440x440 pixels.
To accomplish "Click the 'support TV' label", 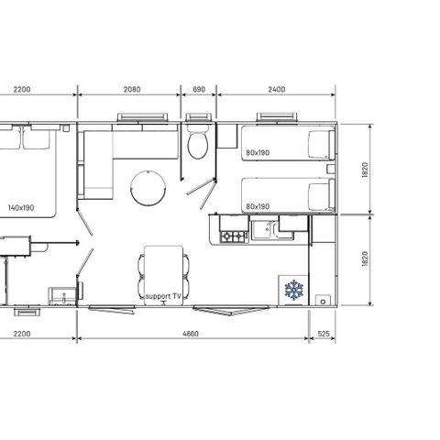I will [x=163, y=298].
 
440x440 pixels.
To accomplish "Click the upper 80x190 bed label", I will [x=258, y=153].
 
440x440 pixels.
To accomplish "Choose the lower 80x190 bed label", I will [x=258, y=207].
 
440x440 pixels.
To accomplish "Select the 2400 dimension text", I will [x=276, y=89].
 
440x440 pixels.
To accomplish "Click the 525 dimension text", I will [x=323, y=335].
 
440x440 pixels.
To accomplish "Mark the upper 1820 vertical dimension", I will [x=365, y=170].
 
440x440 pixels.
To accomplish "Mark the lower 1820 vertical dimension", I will [x=365, y=259].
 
